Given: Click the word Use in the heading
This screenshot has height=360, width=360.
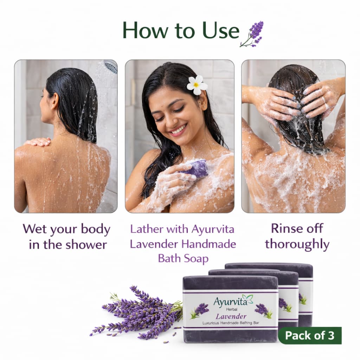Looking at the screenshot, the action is tap(221, 30).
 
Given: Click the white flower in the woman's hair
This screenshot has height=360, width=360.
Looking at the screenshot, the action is tap(197, 85).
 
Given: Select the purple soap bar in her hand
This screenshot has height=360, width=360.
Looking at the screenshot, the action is tap(195, 168).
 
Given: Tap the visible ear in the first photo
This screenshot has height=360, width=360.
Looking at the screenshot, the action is tap(54, 101).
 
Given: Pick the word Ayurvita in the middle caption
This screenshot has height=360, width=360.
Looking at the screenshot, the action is tap(213, 230).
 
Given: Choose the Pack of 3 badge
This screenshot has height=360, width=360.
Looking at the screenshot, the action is tap(310, 335).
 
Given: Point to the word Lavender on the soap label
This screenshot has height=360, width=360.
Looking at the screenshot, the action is tap(231, 317).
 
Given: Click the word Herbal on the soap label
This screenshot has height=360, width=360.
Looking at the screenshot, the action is tap(232, 309).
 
